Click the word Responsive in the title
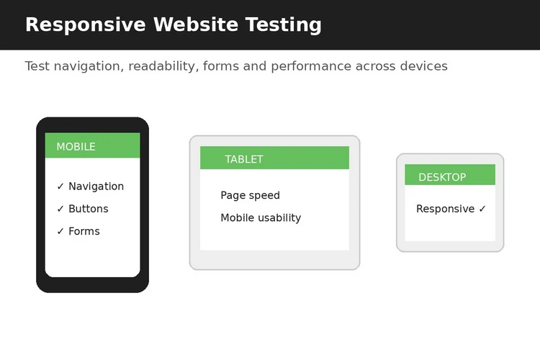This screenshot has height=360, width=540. coord(86,25)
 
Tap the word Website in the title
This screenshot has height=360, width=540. coord(196,24)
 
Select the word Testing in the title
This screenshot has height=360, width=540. coord(284,25)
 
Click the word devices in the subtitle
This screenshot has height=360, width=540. coord(423,66)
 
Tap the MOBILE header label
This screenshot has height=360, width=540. coord(76,147)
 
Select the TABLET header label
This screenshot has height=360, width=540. coord(244,159)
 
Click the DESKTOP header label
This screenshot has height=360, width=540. coord(442,177)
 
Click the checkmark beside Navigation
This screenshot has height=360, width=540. coord(60,186)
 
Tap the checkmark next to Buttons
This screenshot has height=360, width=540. coord(60,209)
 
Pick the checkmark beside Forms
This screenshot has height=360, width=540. coord(60,231)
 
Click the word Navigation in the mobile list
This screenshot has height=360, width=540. coord(96,186)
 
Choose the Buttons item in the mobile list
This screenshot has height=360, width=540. coord(89,209)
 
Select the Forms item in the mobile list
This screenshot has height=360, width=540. coord(84,231)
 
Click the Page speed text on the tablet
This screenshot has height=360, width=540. coord(250,195)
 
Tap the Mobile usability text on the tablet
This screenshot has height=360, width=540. coord(261,217)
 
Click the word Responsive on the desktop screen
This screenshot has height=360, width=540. coord(445,209)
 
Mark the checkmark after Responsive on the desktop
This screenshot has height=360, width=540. coord(482,209)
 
